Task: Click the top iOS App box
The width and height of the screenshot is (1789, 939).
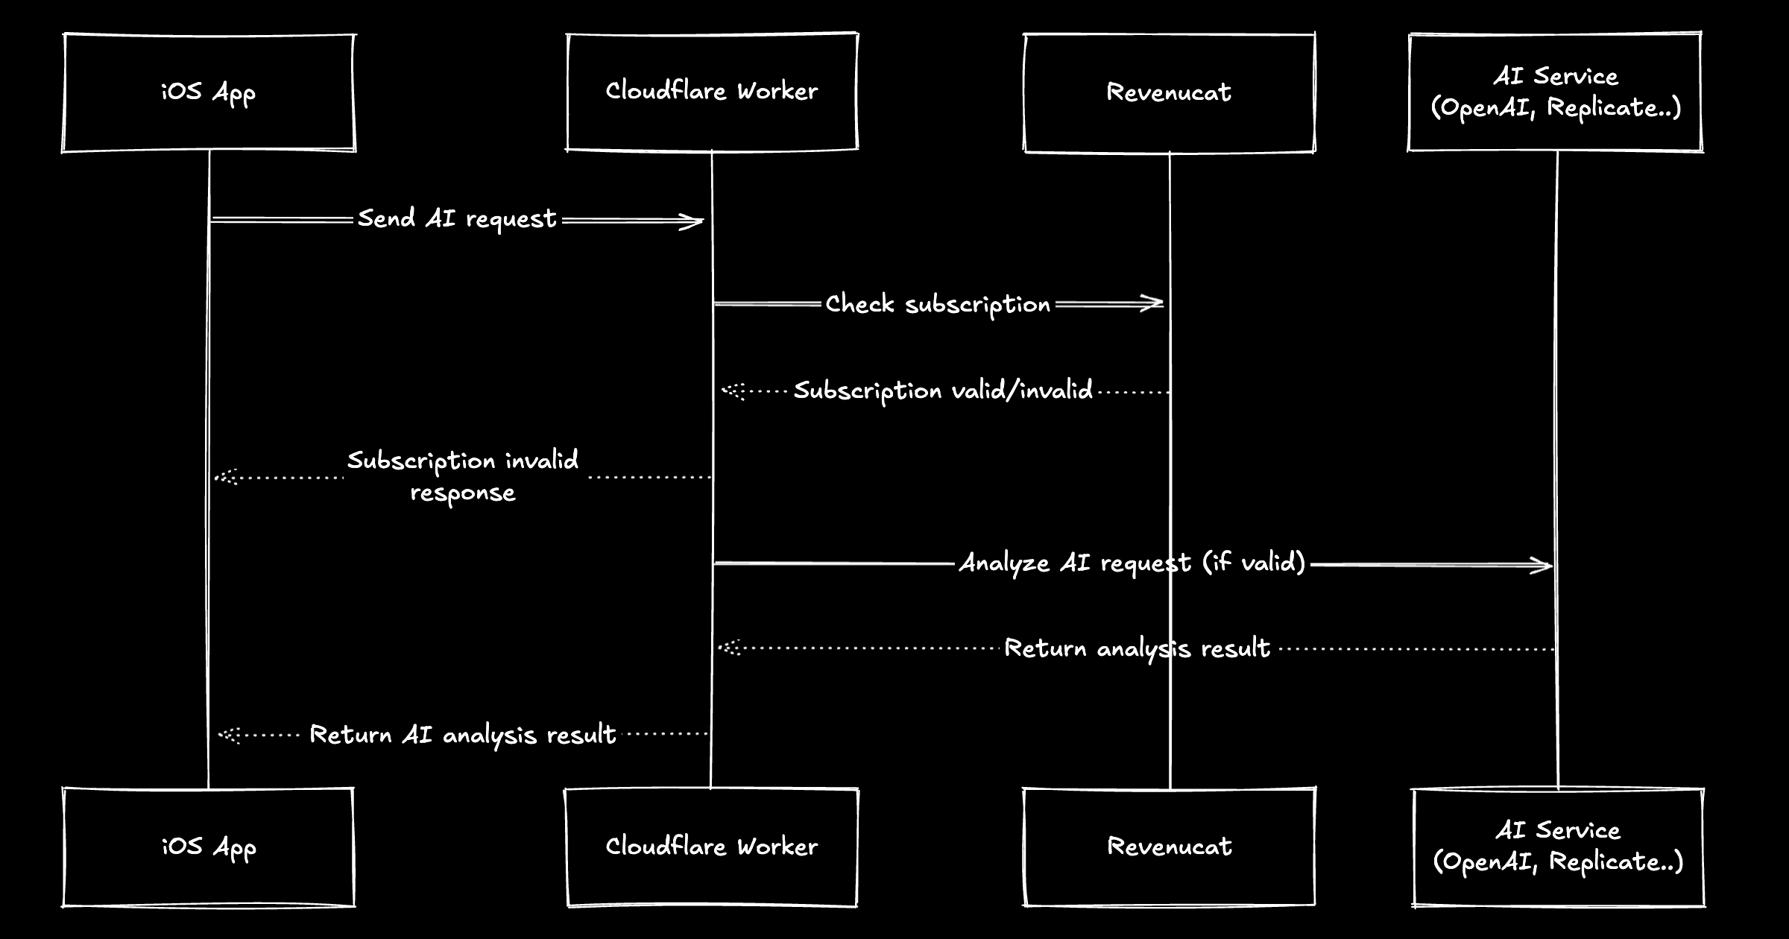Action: (209, 92)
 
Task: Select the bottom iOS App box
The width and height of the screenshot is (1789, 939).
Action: (209, 847)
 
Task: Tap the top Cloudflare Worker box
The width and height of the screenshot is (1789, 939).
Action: (712, 92)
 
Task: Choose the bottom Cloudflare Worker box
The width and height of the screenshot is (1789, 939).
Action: (712, 847)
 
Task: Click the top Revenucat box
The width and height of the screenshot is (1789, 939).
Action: (1169, 92)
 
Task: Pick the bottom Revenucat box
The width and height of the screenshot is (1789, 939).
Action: (1169, 847)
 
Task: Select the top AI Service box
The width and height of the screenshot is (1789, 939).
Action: (1556, 92)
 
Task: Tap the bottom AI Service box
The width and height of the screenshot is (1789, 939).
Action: (1558, 847)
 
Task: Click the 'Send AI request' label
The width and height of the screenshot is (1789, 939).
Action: (457, 219)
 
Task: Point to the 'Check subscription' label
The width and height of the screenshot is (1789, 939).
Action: (938, 305)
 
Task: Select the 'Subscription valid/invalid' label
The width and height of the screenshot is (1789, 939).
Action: (943, 391)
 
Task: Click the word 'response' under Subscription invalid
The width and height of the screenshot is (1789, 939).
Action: (463, 493)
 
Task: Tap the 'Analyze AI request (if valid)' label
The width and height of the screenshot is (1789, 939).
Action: (1132, 563)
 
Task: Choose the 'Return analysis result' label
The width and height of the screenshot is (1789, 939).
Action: (1137, 648)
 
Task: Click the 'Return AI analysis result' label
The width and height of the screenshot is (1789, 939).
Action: (463, 736)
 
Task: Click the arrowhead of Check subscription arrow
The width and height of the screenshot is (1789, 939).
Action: (1154, 303)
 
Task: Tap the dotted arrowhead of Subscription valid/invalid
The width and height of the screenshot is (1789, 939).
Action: (732, 391)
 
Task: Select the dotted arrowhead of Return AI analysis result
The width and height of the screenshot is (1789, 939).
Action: (228, 736)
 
